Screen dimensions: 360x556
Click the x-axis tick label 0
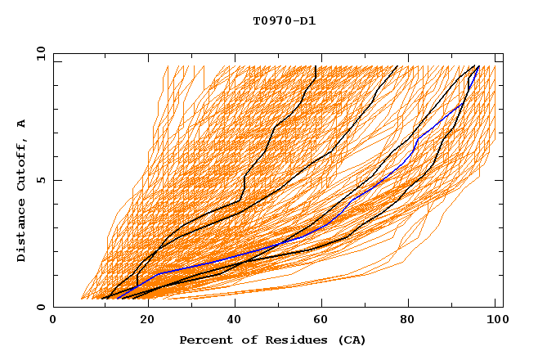(x=53, y=320)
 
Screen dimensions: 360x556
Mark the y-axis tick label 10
(x=40, y=53)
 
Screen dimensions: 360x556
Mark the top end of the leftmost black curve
(x=316, y=66)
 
